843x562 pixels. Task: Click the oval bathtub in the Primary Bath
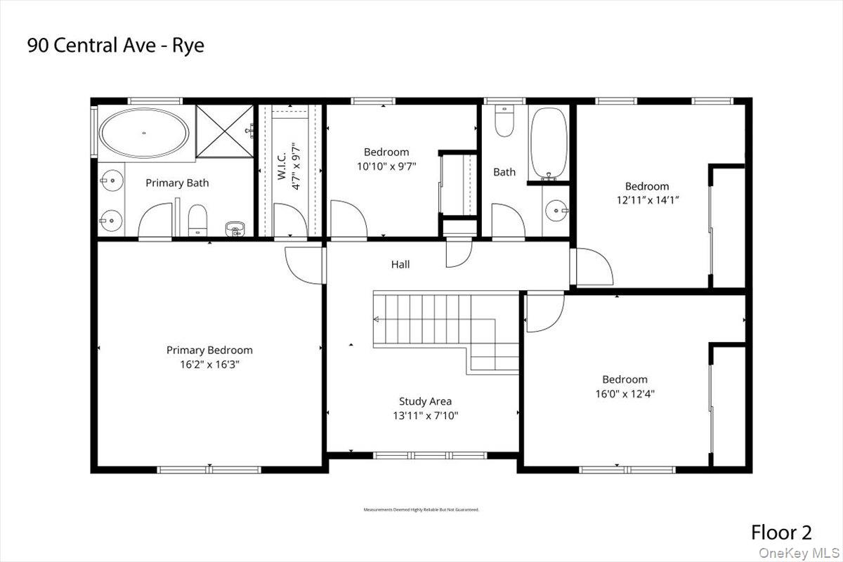coord(144,133)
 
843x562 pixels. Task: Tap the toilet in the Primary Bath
coord(197,219)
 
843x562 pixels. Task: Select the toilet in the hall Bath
coord(504,121)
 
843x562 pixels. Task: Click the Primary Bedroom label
coord(209,350)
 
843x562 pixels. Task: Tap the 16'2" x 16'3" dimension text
coord(209,365)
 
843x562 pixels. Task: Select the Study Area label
coord(425,401)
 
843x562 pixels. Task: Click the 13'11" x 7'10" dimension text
coord(425,415)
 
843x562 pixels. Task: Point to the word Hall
coord(400,265)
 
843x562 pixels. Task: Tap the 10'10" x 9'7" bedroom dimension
coord(386,166)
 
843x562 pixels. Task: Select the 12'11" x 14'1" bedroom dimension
coord(647,200)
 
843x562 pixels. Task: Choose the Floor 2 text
coord(781,532)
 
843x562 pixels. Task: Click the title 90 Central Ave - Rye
coord(116,46)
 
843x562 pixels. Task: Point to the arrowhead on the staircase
coord(377,319)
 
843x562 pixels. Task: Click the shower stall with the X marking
coord(223,131)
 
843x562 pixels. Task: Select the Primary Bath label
coord(177,183)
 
